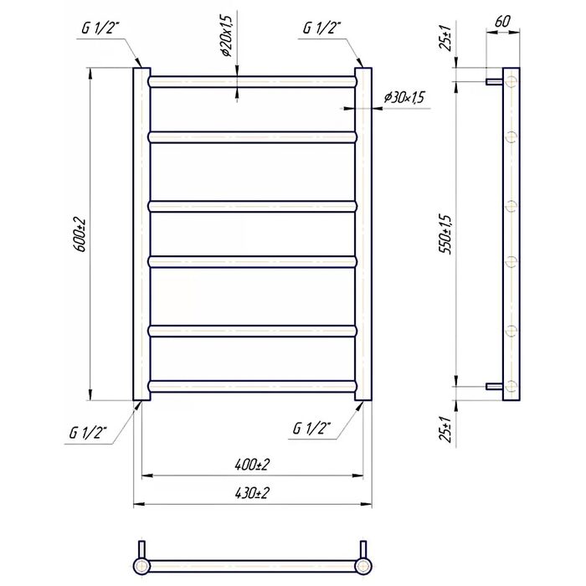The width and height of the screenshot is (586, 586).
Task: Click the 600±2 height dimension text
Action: [80, 234]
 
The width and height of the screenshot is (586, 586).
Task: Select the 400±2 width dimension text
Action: [252, 465]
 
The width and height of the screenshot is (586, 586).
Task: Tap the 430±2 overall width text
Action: [252, 493]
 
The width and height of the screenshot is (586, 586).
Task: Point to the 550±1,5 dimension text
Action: [446, 234]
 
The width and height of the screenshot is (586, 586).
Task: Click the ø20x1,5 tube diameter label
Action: [227, 36]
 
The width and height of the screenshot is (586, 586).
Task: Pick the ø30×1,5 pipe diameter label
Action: [404, 98]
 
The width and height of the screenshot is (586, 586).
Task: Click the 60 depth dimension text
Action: [502, 22]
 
